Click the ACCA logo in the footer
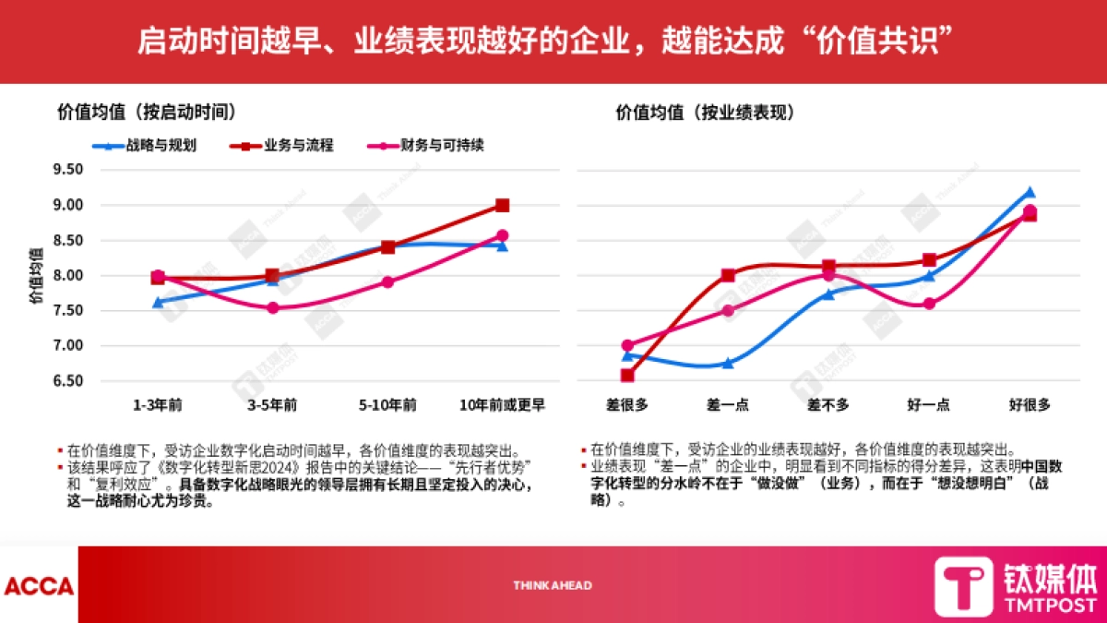[x=39, y=585]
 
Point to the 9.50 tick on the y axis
[x=69, y=170]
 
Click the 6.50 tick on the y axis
[x=69, y=381]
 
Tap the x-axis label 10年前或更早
[x=502, y=405]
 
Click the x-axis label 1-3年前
[x=158, y=405]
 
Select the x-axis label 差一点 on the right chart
[x=729, y=405]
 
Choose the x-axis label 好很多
[x=1030, y=405]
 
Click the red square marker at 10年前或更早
[x=502, y=205]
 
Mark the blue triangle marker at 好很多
[x=1030, y=192]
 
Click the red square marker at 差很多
[x=627, y=376]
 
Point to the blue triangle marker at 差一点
[x=728, y=364]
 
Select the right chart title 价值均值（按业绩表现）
[x=707, y=112]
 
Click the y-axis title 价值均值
[x=34, y=274]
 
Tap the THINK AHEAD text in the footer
[x=553, y=585]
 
